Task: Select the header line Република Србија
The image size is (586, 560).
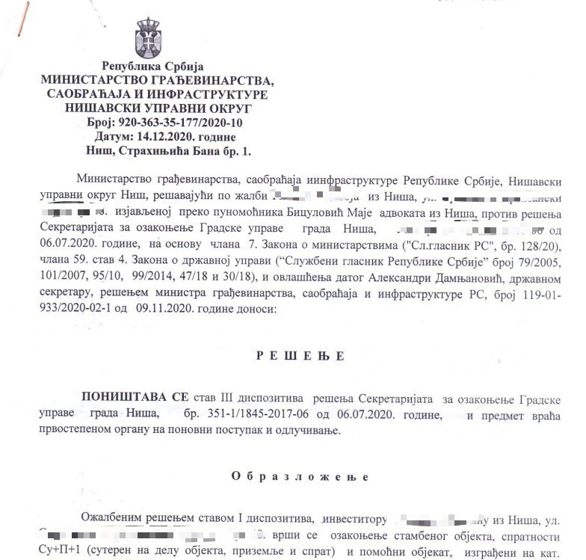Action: tap(158, 66)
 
